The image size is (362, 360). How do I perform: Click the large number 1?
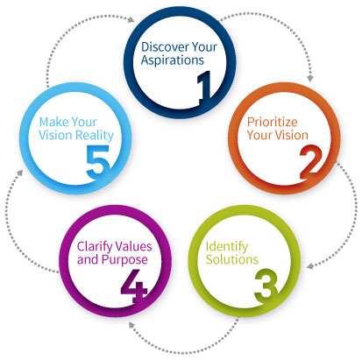[x=204, y=88]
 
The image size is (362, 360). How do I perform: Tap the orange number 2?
[x=311, y=162]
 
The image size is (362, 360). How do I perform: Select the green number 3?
[x=266, y=285]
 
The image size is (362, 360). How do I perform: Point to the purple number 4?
[x=134, y=286]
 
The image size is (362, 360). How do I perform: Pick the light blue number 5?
[x=98, y=162]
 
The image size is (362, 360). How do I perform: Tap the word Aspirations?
[x=173, y=60]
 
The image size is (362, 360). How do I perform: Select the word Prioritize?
[x=273, y=122]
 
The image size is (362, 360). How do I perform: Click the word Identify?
[x=227, y=247]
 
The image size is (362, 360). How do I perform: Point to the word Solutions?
[x=232, y=259]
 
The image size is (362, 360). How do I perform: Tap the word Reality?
[x=95, y=136]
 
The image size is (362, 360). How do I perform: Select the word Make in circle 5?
[x=53, y=122]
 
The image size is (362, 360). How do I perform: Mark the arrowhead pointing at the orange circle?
[x=310, y=78]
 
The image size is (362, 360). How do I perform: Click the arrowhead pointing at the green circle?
[x=310, y=266]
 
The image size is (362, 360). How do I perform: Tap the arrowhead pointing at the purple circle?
[x=131, y=324]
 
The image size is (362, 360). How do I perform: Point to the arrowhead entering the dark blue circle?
[x=131, y=19]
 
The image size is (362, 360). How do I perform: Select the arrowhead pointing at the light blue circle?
[x=19, y=173]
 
